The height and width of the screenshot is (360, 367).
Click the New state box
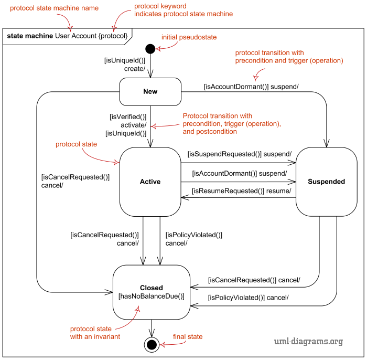coord(150,92)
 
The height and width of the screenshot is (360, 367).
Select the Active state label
coord(150,182)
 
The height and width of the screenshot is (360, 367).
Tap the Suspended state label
coord(326,182)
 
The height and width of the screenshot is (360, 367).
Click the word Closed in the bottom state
coord(152,288)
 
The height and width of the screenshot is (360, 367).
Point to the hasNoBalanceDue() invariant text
coord(152,297)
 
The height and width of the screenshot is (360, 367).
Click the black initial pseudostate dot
coord(150,49)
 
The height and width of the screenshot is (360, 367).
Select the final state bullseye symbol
coord(152,345)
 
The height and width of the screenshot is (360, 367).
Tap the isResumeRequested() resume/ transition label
coord(242,191)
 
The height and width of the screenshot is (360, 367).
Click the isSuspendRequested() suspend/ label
coord(240,154)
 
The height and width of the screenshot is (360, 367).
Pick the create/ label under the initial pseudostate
coord(135,69)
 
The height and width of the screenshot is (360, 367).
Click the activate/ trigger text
coord(133,125)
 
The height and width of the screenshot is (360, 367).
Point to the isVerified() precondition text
coord(128,117)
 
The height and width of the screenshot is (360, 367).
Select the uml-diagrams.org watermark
coord(308,341)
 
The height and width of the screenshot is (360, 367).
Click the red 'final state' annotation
coord(188,336)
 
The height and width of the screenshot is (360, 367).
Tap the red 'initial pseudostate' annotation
coord(189,37)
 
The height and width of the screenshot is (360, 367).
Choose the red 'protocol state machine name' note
coord(54,8)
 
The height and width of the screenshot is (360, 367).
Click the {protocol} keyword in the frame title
coord(113,36)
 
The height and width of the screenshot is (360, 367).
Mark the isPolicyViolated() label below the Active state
coord(194,235)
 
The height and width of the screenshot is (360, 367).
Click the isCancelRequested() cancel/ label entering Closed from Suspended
coord(254,280)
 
